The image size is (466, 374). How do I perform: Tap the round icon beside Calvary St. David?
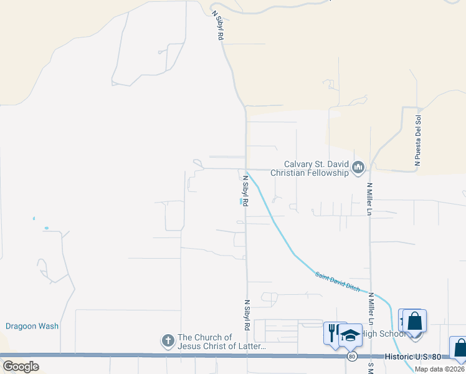pyautogui.click(x=358, y=167)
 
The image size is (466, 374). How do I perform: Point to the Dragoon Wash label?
pyautogui.click(x=32, y=326)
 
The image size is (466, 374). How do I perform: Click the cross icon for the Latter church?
pyautogui.click(x=168, y=340)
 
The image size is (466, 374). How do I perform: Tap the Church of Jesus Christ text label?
pyautogui.click(x=222, y=342)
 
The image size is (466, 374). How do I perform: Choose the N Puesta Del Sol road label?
pyautogui.click(x=419, y=140)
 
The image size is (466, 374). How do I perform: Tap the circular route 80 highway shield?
pyautogui.click(x=352, y=357)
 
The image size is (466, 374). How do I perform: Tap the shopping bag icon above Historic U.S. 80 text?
pyautogui.click(x=415, y=322)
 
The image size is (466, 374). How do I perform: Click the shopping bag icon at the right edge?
pyautogui.click(x=460, y=348)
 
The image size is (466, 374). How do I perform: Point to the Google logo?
pyautogui.click(x=21, y=367)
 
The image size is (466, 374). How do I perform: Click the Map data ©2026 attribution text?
pyautogui.click(x=440, y=368)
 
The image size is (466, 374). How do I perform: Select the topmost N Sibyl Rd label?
pyautogui.click(x=217, y=26)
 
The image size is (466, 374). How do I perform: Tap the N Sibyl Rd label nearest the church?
pyautogui.click(x=247, y=315)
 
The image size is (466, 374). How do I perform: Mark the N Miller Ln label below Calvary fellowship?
pyautogui.click(x=369, y=199)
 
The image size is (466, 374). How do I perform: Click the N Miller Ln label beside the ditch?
pyautogui.click(x=371, y=308)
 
